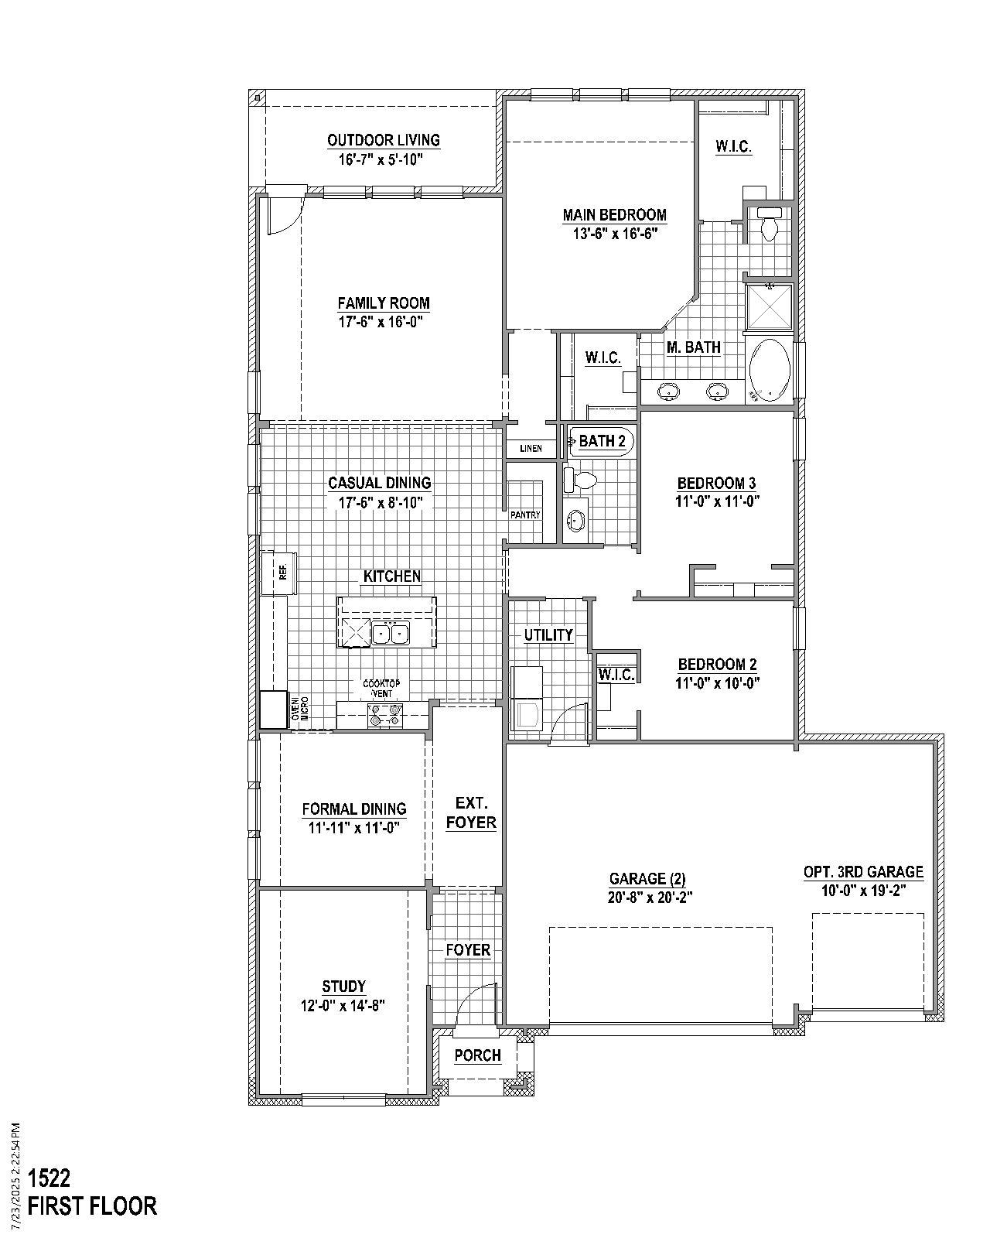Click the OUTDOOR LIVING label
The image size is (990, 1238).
click(384, 140)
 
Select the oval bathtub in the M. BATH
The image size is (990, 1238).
click(770, 369)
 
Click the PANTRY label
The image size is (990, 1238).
click(524, 515)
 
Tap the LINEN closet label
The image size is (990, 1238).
click(531, 449)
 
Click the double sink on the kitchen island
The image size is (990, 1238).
click(390, 634)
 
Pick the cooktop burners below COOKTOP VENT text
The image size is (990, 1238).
click(384, 715)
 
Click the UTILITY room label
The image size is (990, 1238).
click(548, 635)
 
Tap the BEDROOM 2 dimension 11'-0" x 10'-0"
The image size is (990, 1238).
click(717, 683)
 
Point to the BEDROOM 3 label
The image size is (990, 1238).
click(716, 484)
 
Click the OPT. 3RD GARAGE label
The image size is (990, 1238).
click(863, 872)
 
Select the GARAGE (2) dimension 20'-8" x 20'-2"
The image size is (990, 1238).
click(647, 898)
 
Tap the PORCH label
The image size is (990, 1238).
click(477, 1055)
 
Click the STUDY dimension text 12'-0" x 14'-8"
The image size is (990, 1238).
click(343, 1005)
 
